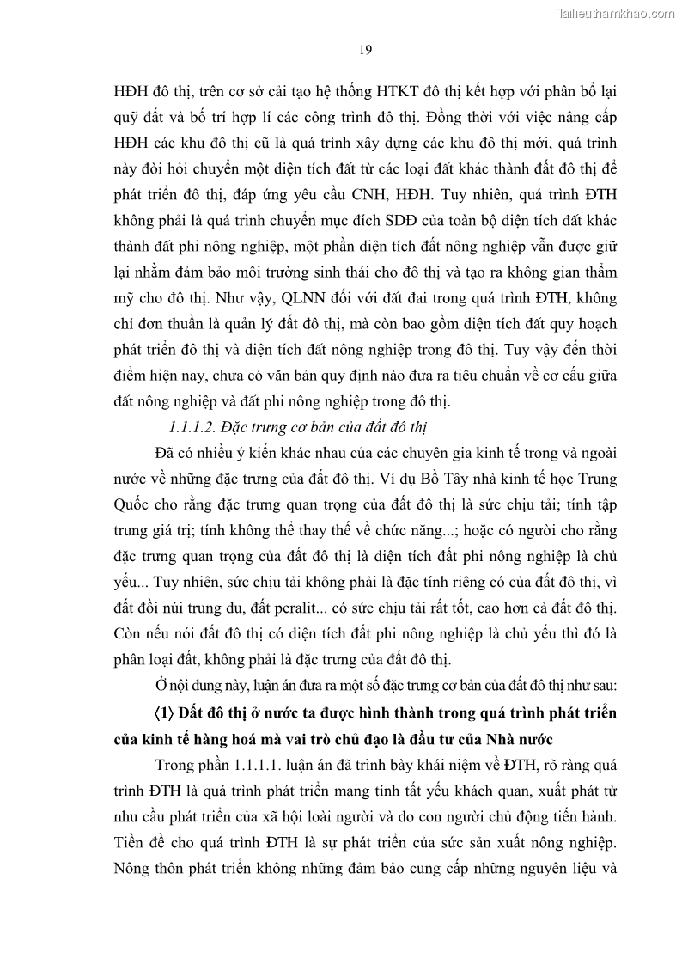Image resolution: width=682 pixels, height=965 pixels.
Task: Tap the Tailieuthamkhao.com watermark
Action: [x=617, y=13]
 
